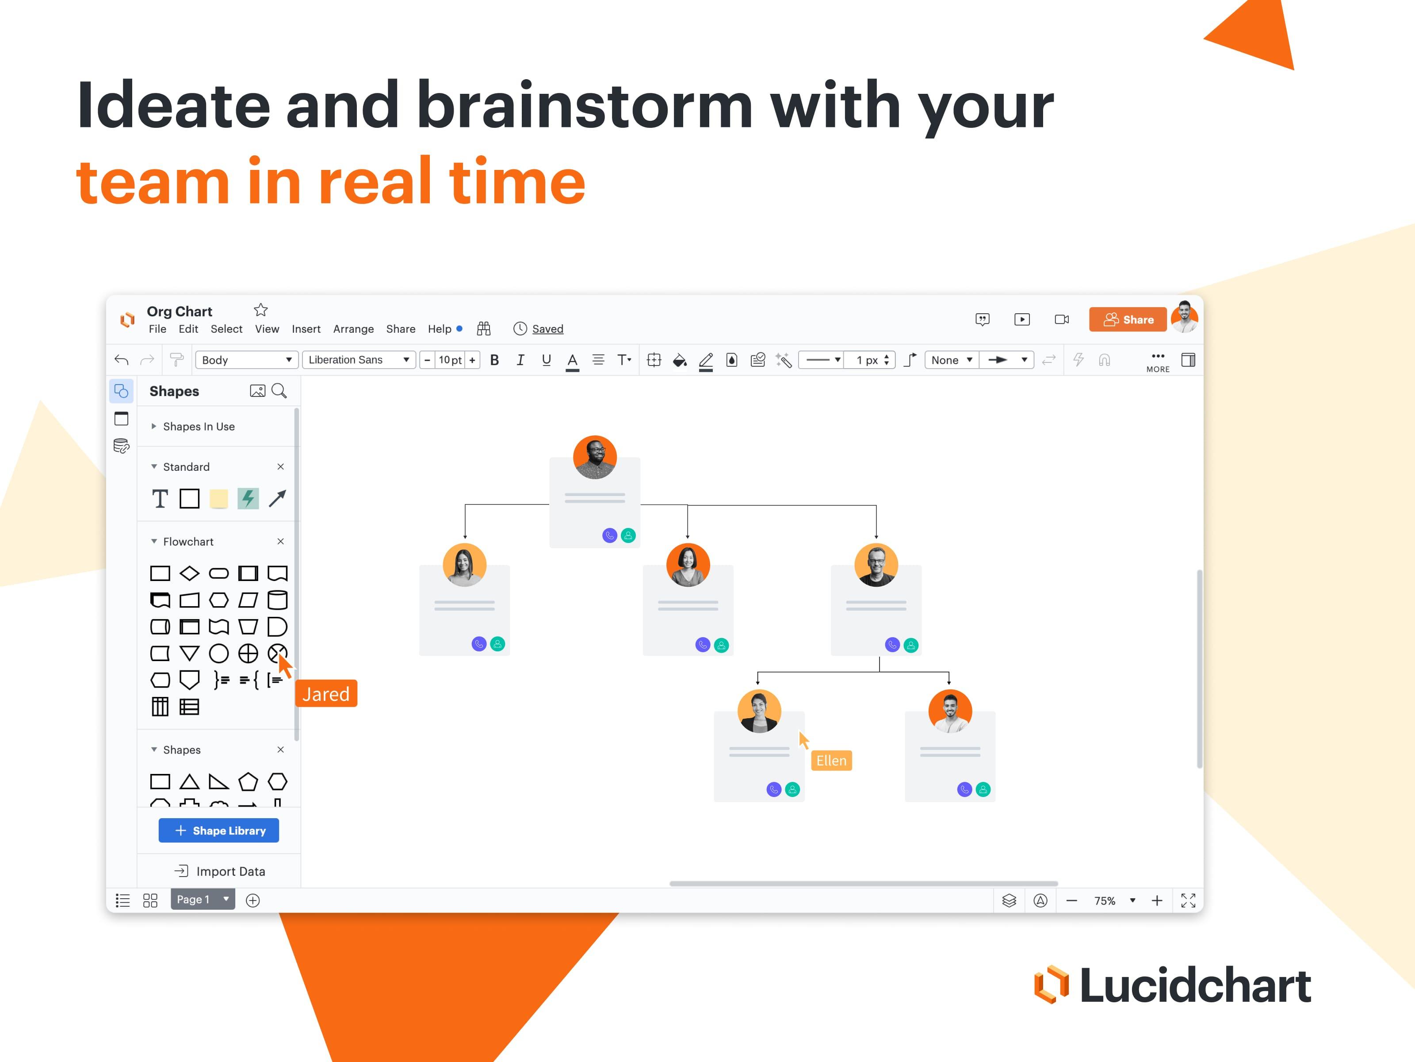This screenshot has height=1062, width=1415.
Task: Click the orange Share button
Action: (1128, 319)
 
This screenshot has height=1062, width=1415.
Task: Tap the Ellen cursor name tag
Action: (831, 761)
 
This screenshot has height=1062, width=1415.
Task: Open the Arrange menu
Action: (353, 329)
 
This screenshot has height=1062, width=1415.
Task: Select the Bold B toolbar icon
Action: (494, 360)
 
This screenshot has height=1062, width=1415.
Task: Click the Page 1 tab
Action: (194, 900)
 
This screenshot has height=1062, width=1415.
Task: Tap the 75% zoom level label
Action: (1105, 900)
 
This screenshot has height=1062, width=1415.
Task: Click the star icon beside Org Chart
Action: (260, 311)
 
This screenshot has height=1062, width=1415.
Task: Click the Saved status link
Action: (547, 329)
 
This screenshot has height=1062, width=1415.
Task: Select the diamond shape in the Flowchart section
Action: (189, 573)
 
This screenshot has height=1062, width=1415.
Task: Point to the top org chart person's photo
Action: (594, 457)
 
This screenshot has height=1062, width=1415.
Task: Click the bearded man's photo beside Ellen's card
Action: (950, 711)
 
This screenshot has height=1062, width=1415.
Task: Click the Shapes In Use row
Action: (198, 426)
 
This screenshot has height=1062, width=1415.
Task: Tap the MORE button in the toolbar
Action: (1158, 362)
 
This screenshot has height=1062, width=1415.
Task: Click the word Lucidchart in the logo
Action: (1195, 985)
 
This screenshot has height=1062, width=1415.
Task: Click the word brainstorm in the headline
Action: (585, 106)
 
